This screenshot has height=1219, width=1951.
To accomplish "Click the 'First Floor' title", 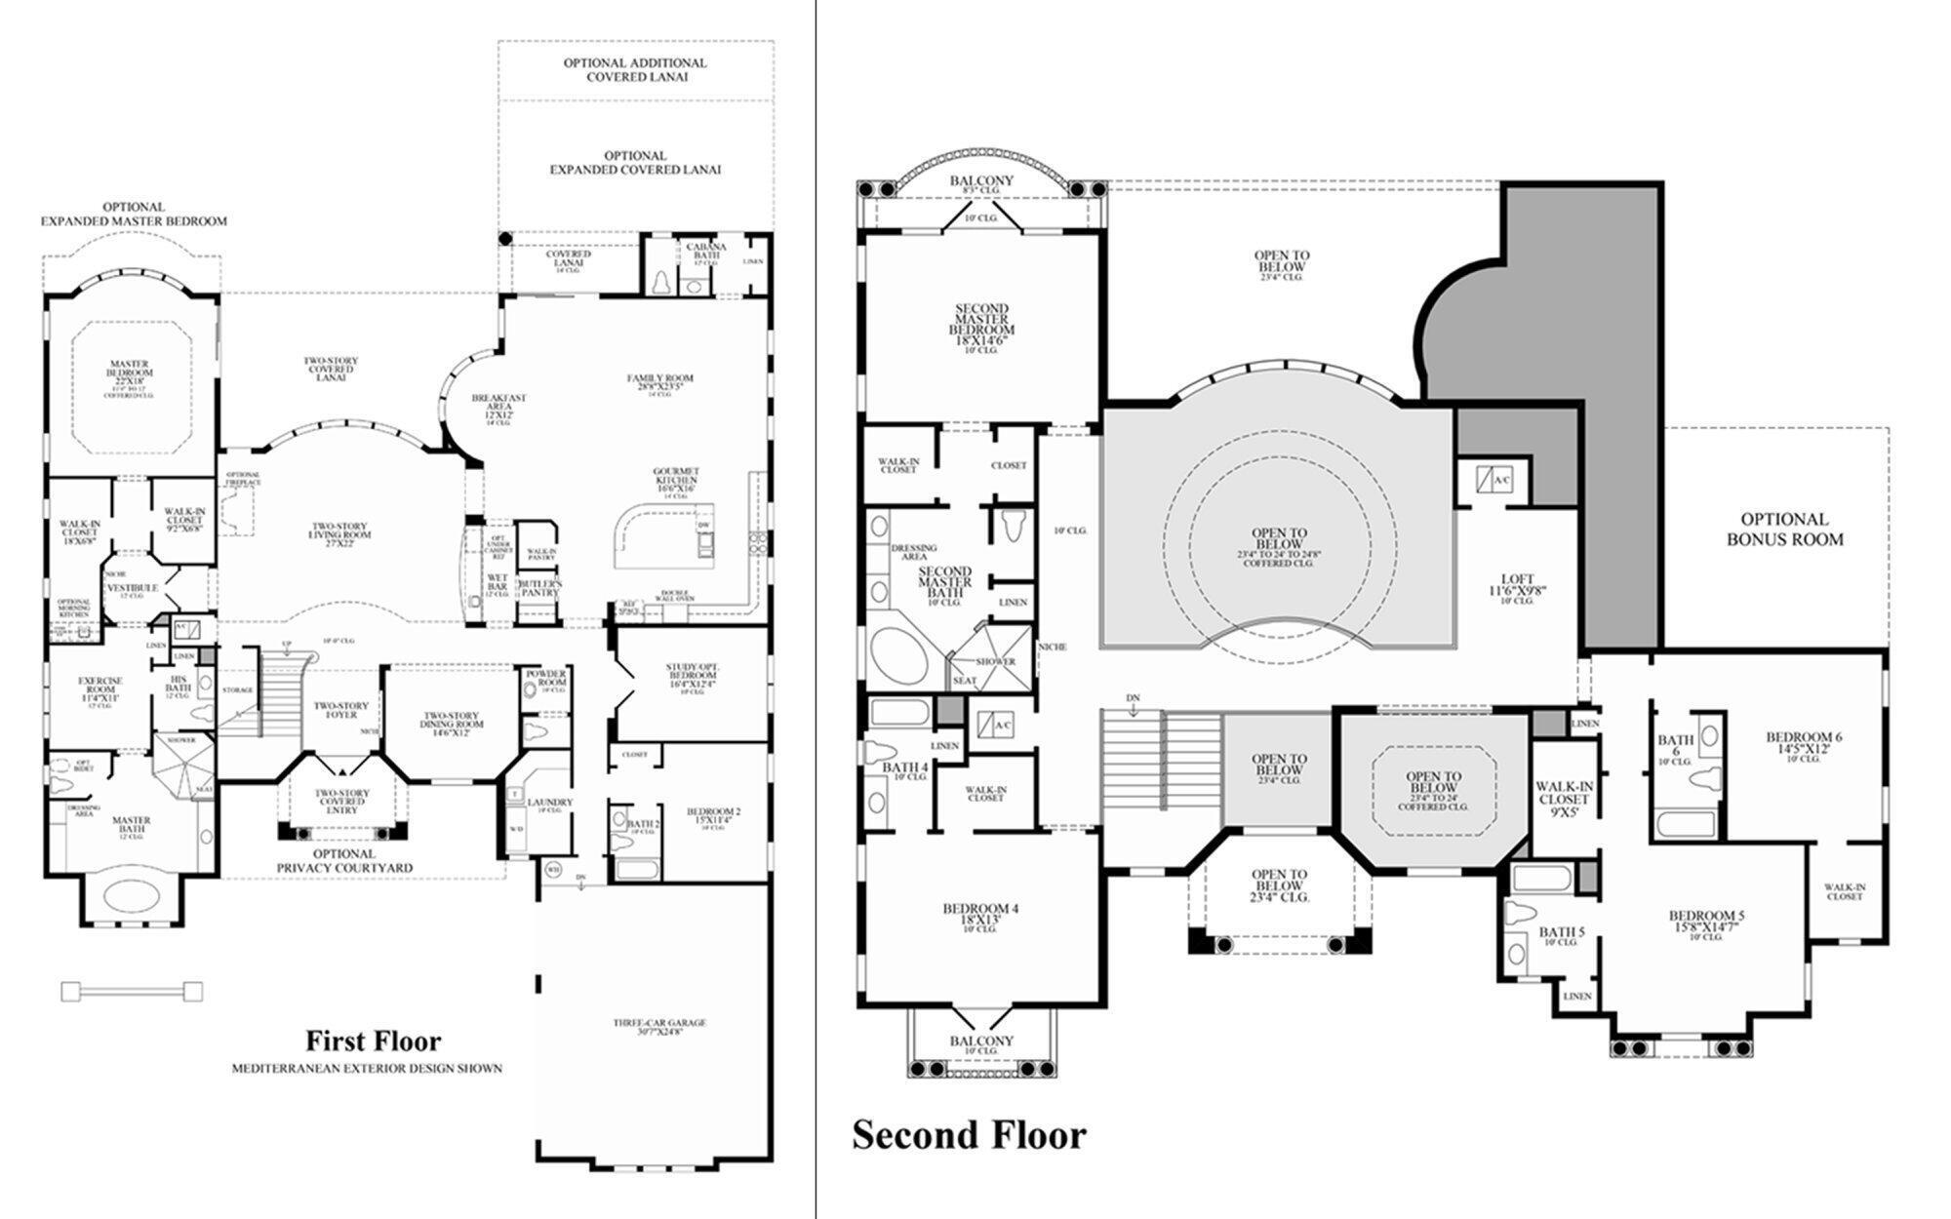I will [x=374, y=1041].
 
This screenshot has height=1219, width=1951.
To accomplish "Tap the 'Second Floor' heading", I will [x=969, y=1135].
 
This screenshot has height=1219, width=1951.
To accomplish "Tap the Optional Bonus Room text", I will [x=1785, y=529].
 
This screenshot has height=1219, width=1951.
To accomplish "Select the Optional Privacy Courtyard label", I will [x=343, y=860].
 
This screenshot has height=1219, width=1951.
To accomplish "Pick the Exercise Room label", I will [x=100, y=685].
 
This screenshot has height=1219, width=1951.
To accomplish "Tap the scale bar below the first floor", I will [x=132, y=992].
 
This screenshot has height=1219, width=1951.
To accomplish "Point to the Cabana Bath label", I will [x=705, y=251].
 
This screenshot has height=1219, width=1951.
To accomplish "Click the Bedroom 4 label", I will [x=980, y=913].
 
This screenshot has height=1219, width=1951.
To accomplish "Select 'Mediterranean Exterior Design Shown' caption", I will [x=367, y=1069].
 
